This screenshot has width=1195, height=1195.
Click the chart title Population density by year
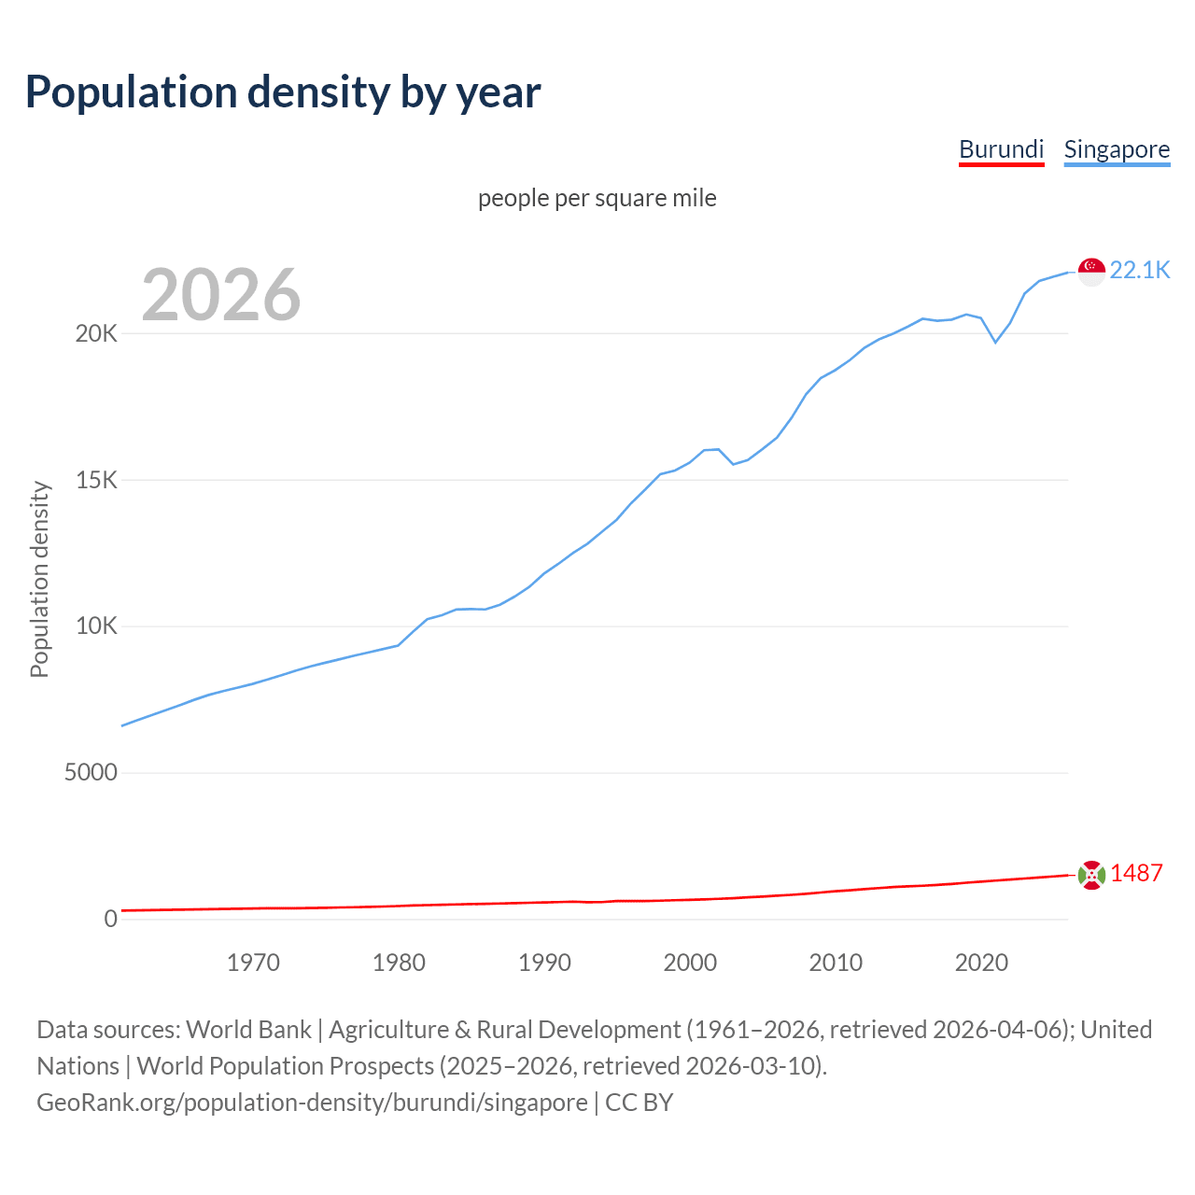tap(283, 92)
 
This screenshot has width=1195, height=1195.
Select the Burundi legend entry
tap(1001, 149)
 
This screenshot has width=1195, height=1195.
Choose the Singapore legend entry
tap(1117, 149)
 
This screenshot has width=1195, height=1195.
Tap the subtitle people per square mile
tap(597, 198)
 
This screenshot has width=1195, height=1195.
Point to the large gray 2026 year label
tap(221, 295)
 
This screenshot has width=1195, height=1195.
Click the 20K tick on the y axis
tap(96, 333)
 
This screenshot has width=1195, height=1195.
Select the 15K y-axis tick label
tap(96, 480)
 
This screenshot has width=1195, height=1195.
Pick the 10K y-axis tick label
tap(96, 626)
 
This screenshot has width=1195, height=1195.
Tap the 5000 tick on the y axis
tap(91, 773)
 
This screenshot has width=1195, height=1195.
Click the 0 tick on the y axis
tap(111, 919)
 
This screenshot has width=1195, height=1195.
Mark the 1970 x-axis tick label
tap(253, 963)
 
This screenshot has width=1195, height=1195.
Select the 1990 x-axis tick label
tap(544, 963)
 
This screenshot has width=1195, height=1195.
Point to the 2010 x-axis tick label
tap(836, 963)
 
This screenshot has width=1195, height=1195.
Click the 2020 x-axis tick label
tap(981, 963)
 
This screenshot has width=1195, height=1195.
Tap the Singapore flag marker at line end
tap(1091, 271)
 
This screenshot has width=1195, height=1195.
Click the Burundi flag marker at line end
tap(1091, 875)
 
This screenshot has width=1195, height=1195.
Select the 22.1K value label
tap(1140, 270)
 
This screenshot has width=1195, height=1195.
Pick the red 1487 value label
tap(1136, 873)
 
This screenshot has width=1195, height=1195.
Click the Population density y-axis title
tap(39, 579)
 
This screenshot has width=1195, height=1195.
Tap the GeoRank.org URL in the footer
tap(312, 1103)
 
